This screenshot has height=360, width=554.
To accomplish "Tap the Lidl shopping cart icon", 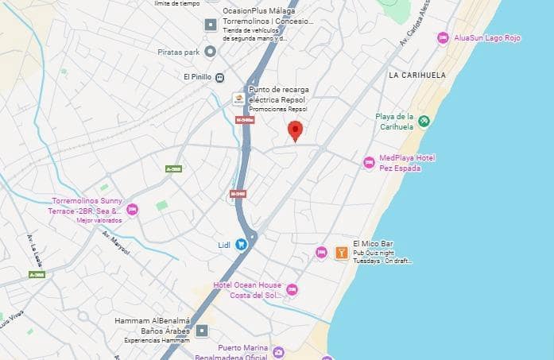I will [241, 245].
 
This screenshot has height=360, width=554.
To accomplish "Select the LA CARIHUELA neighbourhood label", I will [417, 75].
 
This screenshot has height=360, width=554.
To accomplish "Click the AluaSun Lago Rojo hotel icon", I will [444, 37].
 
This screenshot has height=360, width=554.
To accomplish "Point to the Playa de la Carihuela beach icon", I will [424, 121].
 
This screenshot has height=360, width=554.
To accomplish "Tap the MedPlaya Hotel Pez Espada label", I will [407, 163].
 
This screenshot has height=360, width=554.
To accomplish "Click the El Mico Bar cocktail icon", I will [341, 253].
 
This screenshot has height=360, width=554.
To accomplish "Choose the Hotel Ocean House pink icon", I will [292, 290].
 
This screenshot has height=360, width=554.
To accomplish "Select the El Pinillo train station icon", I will [219, 78].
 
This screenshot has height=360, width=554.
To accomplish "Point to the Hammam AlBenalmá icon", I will [203, 330].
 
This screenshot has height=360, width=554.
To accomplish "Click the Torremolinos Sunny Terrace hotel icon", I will [132, 210].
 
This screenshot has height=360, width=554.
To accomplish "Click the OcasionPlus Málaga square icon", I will [210, 24].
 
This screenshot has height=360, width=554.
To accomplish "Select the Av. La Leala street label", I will [34, 247].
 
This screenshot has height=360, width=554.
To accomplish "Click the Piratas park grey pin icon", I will [210, 52].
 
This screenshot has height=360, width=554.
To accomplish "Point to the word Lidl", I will [223, 245].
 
